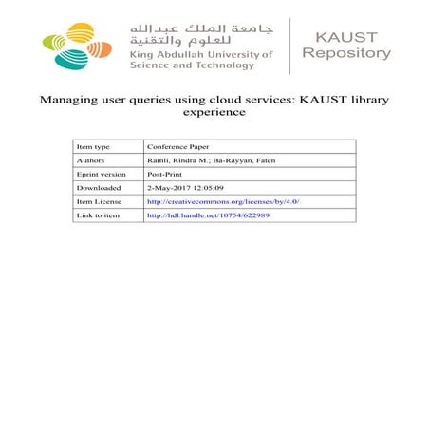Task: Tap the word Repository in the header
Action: (x=345, y=53)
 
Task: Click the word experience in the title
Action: (x=214, y=113)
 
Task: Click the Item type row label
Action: (x=93, y=147)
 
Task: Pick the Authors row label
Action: (x=91, y=160)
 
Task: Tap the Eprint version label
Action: (x=100, y=175)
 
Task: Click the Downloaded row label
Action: (x=98, y=188)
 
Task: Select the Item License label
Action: (x=99, y=202)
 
